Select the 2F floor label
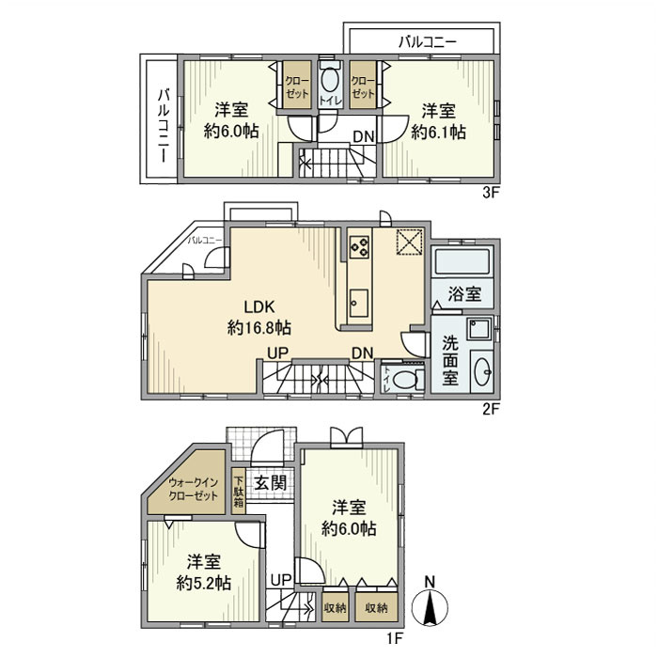pyautogui.click(x=489, y=409)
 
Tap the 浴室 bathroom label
pyautogui.click(x=463, y=294)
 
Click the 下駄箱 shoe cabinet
pyautogui.click(x=239, y=490)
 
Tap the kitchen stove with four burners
pyautogui.click(x=359, y=246)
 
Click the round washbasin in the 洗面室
pyautogui.click(x=481, y=370)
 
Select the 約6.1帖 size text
pyautogui.click(x=438, y=133)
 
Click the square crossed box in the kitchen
pyautogui.click(x=409, y=242)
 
